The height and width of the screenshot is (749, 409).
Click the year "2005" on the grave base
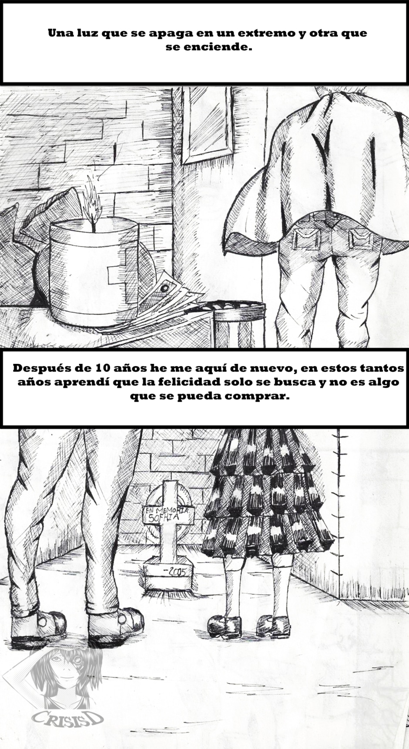174,571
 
